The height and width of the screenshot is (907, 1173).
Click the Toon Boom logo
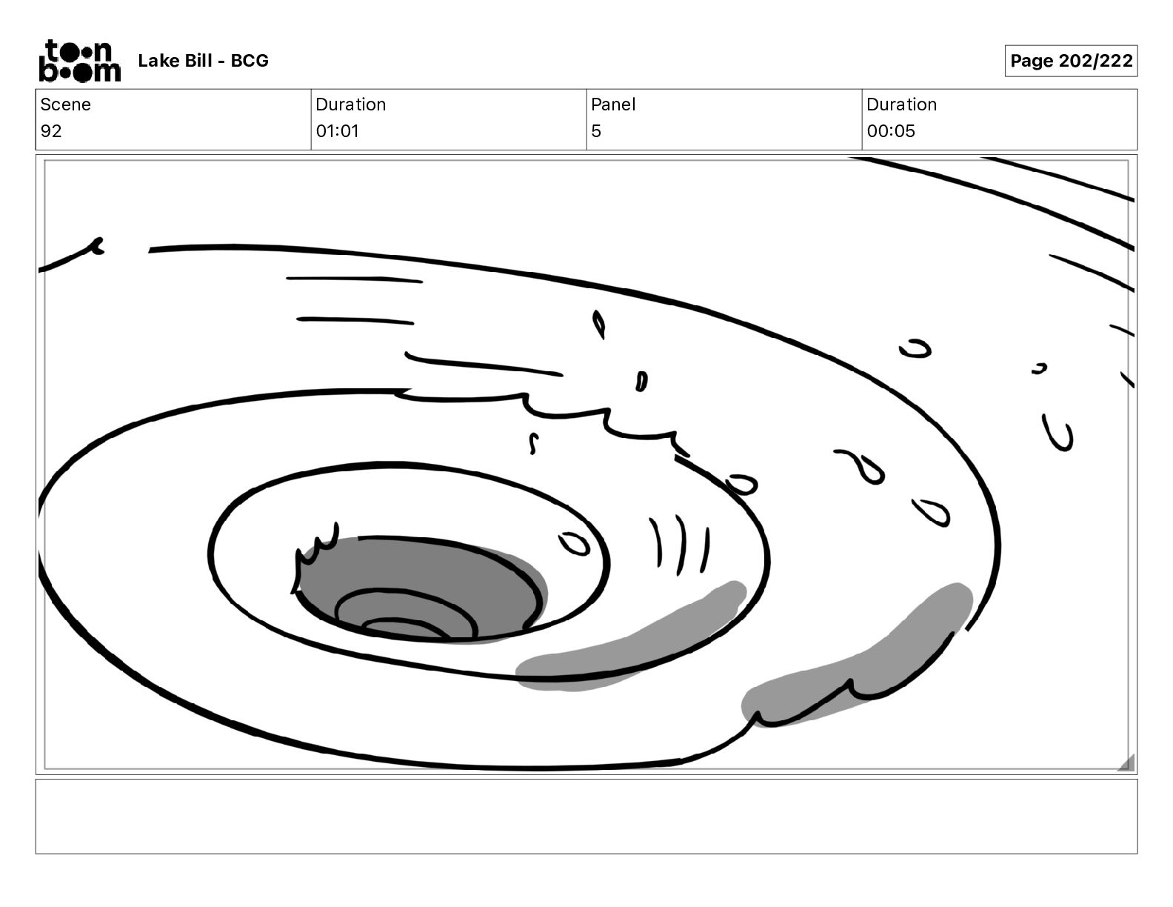[x=80, y=61]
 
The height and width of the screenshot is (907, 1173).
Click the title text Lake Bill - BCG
[x=203, y=61]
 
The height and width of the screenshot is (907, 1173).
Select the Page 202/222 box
[x=1071, y=61]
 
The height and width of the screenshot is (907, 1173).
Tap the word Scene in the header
[x=65, y=104]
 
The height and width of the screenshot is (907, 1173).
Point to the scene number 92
[x=51, y=131]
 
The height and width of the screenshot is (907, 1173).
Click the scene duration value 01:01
[x=338, y=131]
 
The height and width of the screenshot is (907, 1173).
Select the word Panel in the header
[x=613, y=104]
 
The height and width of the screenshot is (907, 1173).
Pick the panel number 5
[x=596, y=131]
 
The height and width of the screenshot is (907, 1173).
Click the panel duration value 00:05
[x=891, y=131]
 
